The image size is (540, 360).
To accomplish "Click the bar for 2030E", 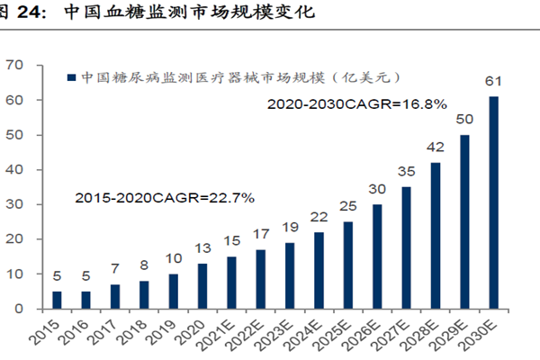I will pos(493,202).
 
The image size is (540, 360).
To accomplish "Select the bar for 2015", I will pos(57,300).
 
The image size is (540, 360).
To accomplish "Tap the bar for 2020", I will pos(202,285).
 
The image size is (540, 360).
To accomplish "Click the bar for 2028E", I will pos(436,235).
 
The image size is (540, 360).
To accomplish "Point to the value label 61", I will pos(493,82).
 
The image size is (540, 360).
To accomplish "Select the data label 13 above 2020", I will pos(202,248).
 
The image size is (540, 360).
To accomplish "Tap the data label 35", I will pos(406,172).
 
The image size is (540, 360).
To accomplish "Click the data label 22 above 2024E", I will pos(319,217).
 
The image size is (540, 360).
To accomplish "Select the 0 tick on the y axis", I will pos(19,309).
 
